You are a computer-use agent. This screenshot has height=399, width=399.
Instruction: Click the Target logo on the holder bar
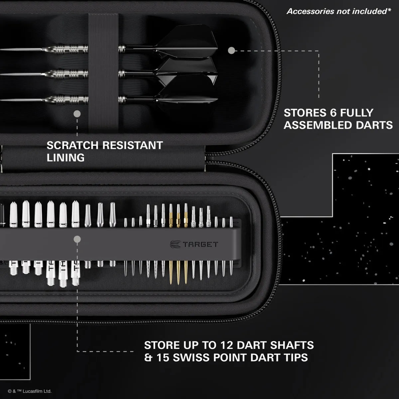[x=194, y=244]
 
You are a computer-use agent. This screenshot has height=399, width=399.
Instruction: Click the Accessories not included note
[x=339, y=11]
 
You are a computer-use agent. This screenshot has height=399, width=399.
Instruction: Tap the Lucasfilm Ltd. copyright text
[x=30, y=391]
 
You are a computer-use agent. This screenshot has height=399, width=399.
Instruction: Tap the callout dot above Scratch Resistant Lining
[x=77, y=114]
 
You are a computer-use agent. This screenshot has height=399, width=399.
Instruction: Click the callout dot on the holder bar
[x=77, y=239]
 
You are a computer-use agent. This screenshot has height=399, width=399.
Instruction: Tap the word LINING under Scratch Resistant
[x=66, y=158]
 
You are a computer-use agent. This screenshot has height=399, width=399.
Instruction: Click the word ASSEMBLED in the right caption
[x=318, y=125]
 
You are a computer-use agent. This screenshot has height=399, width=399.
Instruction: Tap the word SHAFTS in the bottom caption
[x=292, y=345]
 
